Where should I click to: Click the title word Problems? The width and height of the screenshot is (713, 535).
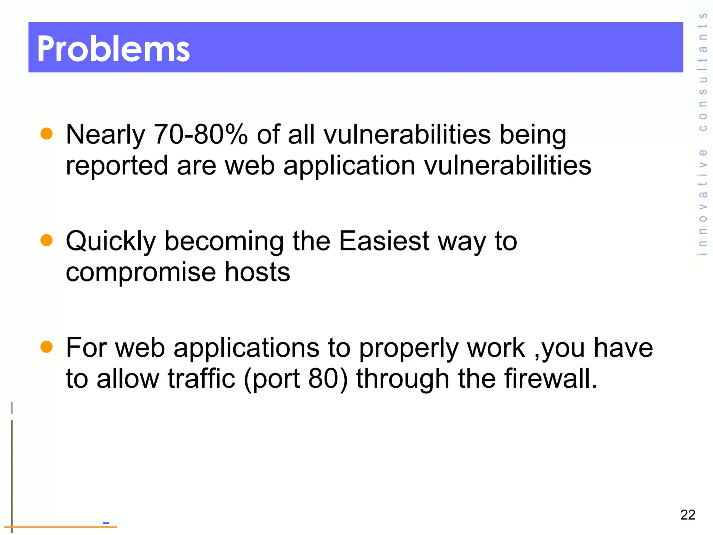[113, 49]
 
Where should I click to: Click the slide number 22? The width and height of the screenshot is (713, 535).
[688, 515]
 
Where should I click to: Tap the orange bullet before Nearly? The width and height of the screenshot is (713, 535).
[46, 133]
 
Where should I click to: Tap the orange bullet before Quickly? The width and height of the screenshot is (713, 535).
[46, 240]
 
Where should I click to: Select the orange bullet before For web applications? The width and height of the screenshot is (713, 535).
[46, 347]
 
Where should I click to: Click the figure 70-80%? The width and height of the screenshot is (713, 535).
[201, 134]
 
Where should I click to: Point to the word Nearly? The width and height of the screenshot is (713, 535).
[105, 135]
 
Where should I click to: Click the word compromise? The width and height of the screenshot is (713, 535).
[141, 272]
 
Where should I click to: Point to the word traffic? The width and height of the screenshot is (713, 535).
[201, 379]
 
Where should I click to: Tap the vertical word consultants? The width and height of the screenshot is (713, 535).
[703, 71]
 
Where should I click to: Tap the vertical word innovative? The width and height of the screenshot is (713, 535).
[703, 202]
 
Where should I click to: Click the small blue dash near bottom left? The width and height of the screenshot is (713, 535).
[106, 523]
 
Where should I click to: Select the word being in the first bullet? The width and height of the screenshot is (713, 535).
[533, 135]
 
